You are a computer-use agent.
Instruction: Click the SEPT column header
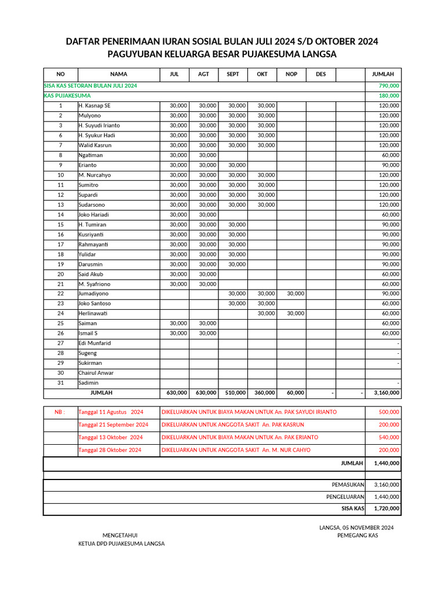coord(233,74)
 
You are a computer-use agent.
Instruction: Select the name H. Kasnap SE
coord(94,105)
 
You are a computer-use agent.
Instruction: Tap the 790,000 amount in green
coord(389,86)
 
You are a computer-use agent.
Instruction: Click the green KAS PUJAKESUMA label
coord(67,96)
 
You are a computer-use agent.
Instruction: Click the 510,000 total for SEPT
coord(235,393)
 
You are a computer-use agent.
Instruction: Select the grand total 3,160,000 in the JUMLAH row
coord(386,393)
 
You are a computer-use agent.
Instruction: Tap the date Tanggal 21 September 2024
coord(113,424)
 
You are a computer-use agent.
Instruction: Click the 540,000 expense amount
coord(389,437)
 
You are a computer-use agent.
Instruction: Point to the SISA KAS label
coord(352,508)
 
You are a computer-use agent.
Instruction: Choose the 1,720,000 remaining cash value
coord(386,508)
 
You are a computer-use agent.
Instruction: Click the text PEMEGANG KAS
coord(358,536)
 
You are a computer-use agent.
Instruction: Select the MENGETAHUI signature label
coord(120,536)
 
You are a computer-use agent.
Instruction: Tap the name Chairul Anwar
coord(96,373)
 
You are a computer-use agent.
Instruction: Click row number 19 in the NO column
coord(60,264)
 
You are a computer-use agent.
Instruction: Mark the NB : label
coord(60,412)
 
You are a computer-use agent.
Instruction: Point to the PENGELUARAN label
coord(345,497)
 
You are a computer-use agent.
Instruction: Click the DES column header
coord(320,74)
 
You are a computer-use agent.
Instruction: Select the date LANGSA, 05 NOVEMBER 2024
coord(356,528)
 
